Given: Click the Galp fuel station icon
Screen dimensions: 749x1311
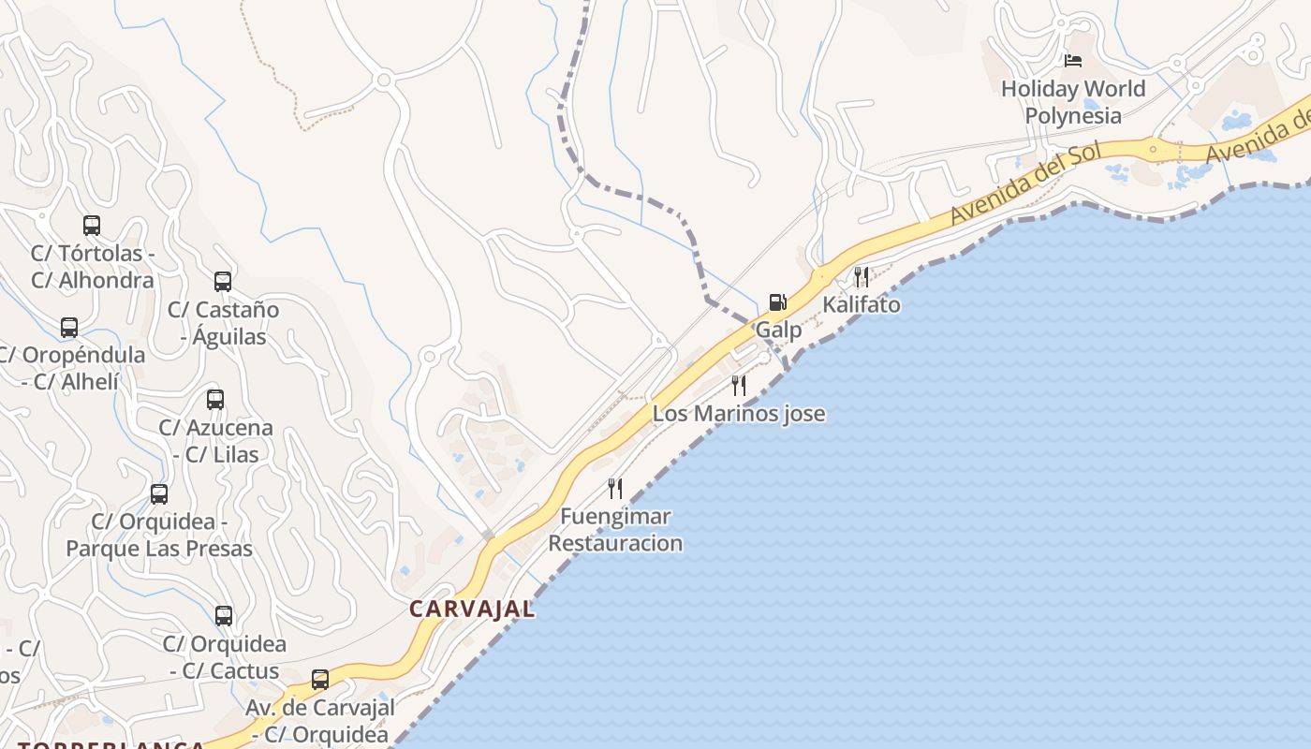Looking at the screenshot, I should (x=777, y=301).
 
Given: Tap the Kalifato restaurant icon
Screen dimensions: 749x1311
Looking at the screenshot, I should (x=861, y=276).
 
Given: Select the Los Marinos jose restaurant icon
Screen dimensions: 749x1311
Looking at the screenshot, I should (x=739, y=385).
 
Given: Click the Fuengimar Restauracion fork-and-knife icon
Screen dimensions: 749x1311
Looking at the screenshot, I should (x=615, y=488).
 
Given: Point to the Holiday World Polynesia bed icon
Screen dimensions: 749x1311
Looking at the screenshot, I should (x=1073, y=61).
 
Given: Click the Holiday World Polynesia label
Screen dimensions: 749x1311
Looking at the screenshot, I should (x=1073, y=102).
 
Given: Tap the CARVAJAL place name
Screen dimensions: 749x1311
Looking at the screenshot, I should (x=472, y=609).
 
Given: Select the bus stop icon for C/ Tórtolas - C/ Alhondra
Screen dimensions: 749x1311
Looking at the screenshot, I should (x=92, y=226).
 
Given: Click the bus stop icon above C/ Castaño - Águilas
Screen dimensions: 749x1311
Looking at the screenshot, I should (x=223, y=281).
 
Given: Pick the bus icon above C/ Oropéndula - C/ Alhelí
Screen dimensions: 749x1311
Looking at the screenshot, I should (x=69, y=328).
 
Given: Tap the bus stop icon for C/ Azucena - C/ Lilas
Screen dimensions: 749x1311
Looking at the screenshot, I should (x=215, y=400).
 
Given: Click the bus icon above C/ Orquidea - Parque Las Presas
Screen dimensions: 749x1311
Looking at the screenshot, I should (x=159, y=493).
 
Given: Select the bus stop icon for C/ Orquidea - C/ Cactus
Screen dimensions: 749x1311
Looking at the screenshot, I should (x=224, y=616).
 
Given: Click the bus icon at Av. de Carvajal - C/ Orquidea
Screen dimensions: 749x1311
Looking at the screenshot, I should (x=320, y=680).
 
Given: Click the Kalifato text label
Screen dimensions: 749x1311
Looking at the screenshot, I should (x=862, y=305).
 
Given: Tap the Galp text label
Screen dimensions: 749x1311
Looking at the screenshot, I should (x=778, y=330).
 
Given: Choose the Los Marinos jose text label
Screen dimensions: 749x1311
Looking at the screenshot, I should (x=739, y=413).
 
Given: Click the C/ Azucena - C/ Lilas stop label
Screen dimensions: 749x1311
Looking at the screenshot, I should (x=215, y=441).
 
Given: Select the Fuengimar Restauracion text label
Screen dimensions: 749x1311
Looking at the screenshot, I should (x=615, y=529).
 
